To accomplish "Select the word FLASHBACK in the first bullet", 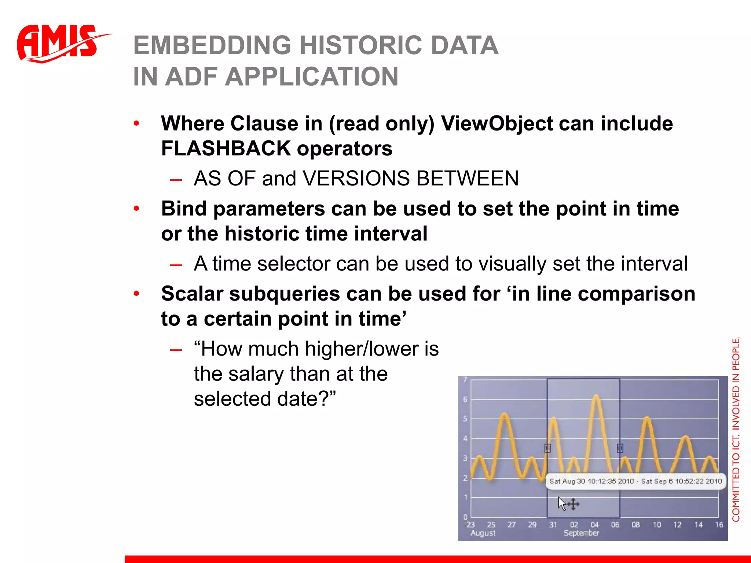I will pos(226,149).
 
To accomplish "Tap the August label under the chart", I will pos(483,533).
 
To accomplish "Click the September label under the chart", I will pos(581,533).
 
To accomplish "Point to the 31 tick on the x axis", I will pos(553,525).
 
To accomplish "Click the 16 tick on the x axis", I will pos(719,525).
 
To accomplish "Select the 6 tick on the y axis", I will pos(465,400).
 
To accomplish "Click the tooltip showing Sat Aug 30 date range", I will pos(635,481).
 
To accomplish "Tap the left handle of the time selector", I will pos(547,448).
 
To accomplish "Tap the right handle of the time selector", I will pos(620,448).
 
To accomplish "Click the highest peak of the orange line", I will pos(596,397).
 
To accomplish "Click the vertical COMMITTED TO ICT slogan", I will pos(736,429).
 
